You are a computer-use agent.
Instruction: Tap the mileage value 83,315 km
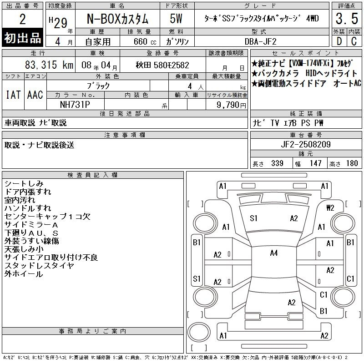pos(49,65)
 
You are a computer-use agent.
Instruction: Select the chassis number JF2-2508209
pos(306,144)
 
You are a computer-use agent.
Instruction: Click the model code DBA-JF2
pos(261,41)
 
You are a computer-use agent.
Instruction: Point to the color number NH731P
pos(75,105)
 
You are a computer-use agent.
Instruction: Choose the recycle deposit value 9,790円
pos(231,105)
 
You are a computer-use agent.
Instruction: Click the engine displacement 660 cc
pos(145,41)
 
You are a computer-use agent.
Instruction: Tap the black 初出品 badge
pos(22,38)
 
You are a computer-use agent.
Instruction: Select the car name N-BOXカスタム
pos(117,19)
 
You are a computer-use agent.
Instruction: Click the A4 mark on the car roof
pos(274,253)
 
